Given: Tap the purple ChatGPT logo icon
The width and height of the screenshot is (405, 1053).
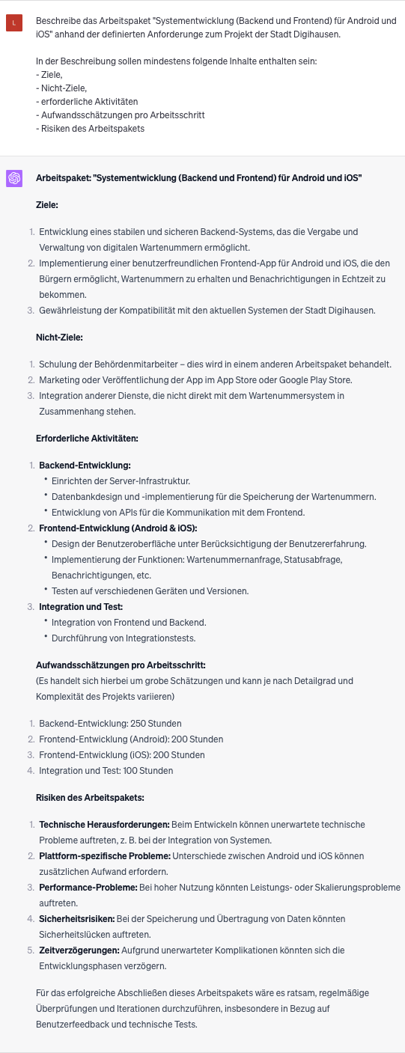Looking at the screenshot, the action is coord(14,178).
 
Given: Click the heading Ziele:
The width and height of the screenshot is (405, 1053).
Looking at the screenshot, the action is coord(47,204).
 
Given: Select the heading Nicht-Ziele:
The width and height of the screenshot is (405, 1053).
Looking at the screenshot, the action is coord(59,338).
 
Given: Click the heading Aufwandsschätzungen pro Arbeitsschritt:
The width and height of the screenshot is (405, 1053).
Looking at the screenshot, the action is coord(121,665).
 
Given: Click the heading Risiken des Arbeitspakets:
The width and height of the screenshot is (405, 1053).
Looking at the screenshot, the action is coord(90,797).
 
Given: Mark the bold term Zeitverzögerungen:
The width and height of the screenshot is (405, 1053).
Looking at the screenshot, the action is coord(79,950).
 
